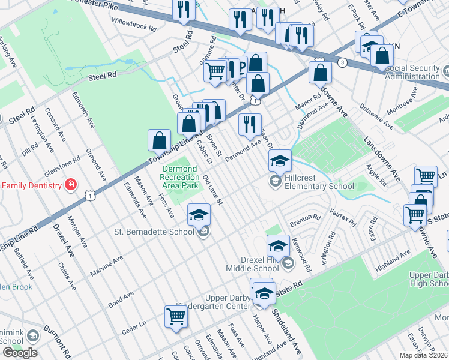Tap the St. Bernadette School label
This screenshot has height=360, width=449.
pos(157,231)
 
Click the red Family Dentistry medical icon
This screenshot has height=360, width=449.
pos(71,184)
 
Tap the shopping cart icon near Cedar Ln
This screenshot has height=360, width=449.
pos(176,317)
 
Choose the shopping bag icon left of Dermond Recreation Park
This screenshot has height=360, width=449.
pos(159,141)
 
